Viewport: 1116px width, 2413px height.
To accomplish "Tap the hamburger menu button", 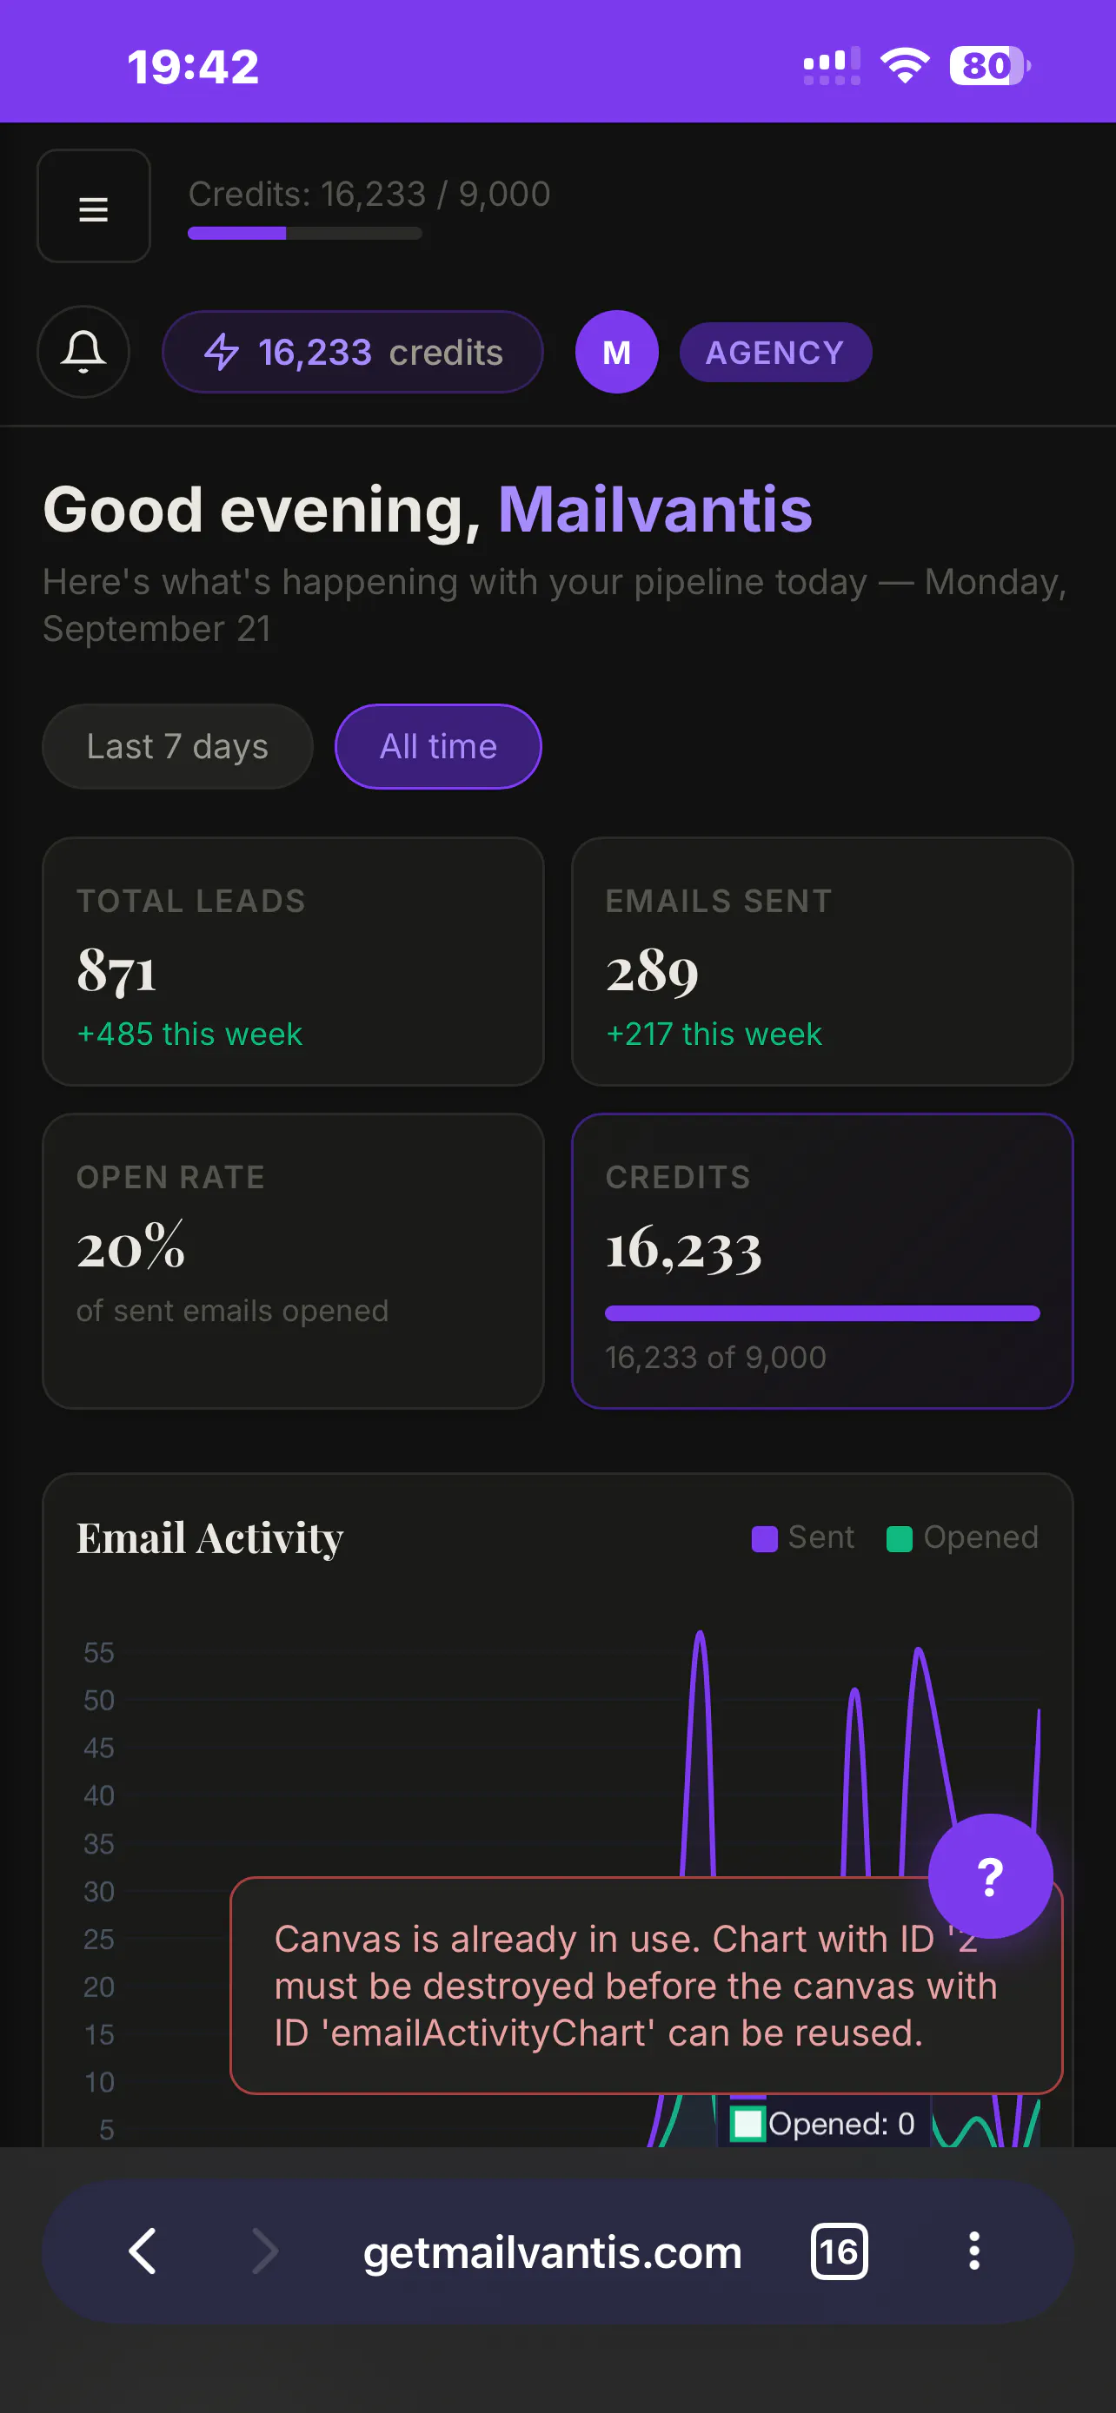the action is [x=94, y=206].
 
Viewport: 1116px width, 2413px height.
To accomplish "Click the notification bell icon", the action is [x=83, y=352].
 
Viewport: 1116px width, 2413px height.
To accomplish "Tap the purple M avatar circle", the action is [x=616, y=352].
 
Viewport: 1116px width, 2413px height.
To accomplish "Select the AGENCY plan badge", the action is [x=775, y=352].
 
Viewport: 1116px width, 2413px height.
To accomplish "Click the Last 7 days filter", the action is [x=177, y=746].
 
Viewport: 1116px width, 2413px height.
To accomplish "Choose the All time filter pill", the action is [x=437, y=746].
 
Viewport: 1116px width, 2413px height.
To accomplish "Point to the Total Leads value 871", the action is [x=117, y=970].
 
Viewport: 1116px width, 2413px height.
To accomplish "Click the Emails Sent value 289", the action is [x=652, y=970].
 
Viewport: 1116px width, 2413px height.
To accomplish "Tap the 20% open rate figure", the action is [x=131, y=1246].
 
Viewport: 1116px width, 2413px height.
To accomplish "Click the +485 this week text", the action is [x=189, y=1035].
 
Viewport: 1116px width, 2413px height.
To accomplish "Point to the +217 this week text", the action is [x=714, y=1035].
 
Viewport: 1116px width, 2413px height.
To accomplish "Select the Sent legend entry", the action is [x=803, y=1537].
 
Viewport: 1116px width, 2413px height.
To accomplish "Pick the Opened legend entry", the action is [x=962, y=1537].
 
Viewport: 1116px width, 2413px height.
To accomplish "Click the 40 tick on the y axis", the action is [x=99, y=1795].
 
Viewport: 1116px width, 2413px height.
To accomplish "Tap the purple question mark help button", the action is [x=991, y=1876].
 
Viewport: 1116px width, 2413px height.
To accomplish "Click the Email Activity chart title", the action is [x=209, y=1538].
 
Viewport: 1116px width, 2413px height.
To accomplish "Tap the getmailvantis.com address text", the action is [x=553, y=2252].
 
